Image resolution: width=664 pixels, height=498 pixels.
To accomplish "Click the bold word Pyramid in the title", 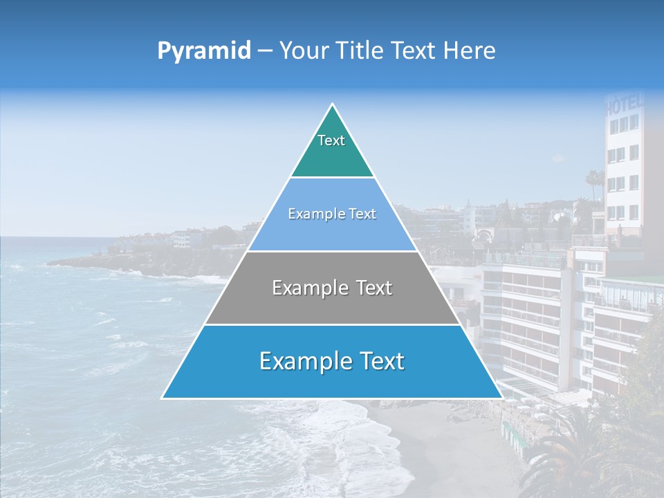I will pos(203,51).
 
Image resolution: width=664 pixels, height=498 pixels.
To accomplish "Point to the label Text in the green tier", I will pos(331,140).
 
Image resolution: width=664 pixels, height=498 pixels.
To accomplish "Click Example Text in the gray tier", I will pos(332,288).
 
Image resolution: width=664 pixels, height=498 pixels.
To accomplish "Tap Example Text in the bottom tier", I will pos(332,361).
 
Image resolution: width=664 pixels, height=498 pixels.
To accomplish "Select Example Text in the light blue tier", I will pos(332,214).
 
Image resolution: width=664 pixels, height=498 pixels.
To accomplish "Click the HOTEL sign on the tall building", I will pos(625,104).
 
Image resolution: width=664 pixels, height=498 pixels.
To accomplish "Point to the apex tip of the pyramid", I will pos(333,104).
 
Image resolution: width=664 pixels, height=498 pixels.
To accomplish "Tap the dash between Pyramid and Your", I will pos(264,51).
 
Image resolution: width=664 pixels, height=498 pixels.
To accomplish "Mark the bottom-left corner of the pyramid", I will pos(163,398).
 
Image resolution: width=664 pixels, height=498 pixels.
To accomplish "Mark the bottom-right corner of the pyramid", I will pos(502,398).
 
